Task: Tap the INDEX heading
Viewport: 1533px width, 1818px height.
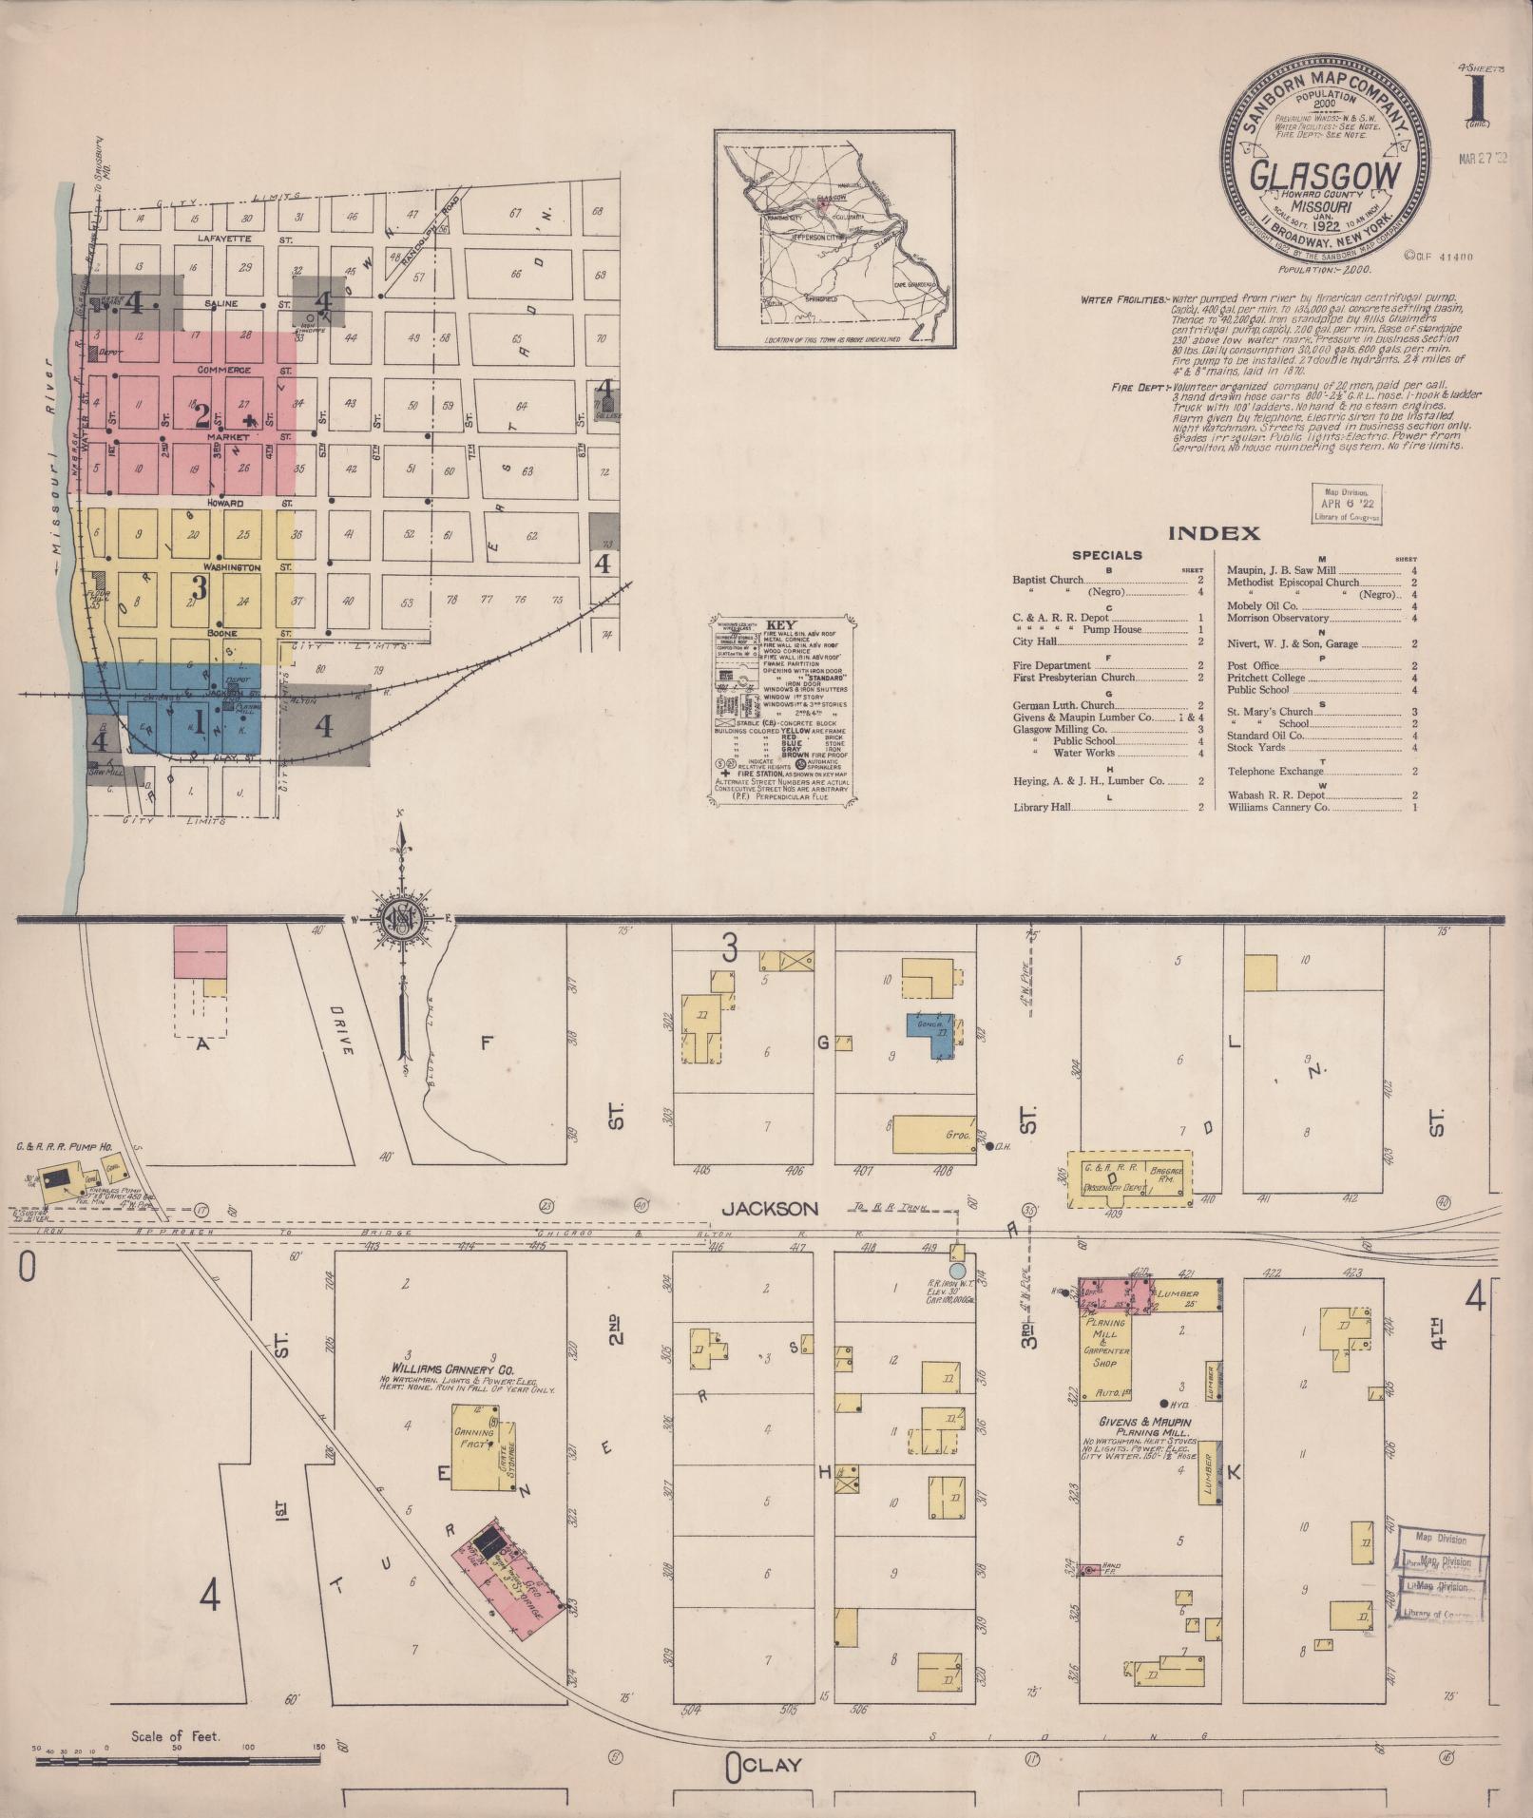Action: pos(1214,533)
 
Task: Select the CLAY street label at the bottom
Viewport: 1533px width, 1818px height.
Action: pos(769,1765)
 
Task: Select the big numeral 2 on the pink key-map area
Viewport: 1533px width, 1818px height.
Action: pos(201,415)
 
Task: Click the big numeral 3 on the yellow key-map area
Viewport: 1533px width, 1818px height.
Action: pos(200,583)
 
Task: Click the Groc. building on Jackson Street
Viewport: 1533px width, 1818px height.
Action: pos(933,1135)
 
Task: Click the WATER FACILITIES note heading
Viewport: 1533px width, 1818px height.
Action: pos(1123,300)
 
